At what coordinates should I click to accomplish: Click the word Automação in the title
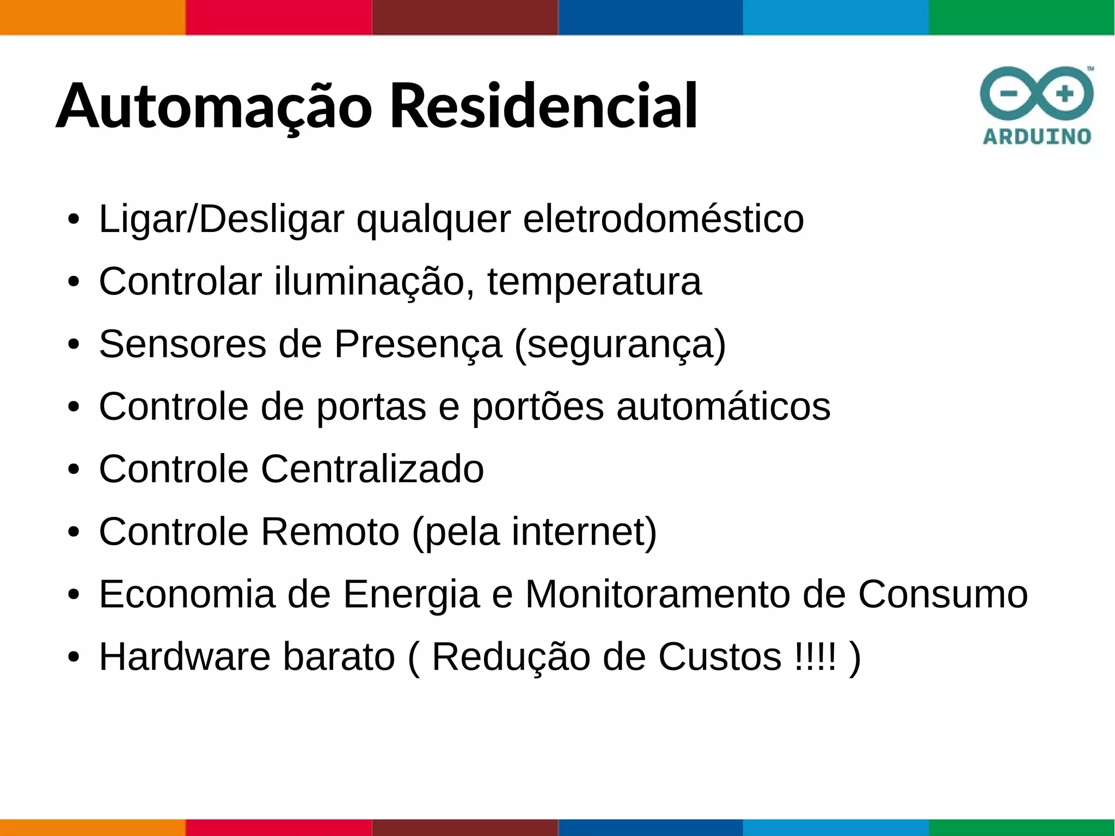pos(214,106)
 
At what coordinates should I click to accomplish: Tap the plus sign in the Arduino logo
pos(1065,94)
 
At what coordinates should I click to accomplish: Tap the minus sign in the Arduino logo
pos(1008,94)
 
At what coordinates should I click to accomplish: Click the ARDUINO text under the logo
pos(1037,136)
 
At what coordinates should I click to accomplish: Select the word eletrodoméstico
pos(663,219)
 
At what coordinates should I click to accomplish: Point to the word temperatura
pos(594,282)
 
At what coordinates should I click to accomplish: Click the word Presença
pos(418,344)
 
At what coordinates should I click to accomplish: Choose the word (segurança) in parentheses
pos(620,345)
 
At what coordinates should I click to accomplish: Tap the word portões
pos(537,407)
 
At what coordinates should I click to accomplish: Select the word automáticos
pos(723,407)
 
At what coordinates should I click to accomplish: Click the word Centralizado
pos(372,469)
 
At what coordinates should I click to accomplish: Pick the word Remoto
pos(330,532)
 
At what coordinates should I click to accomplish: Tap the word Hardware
pos(185,657)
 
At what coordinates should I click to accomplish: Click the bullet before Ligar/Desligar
pos(74,219)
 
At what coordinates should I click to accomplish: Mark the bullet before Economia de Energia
pos(74,595)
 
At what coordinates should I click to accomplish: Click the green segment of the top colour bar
pos(1021,17)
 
